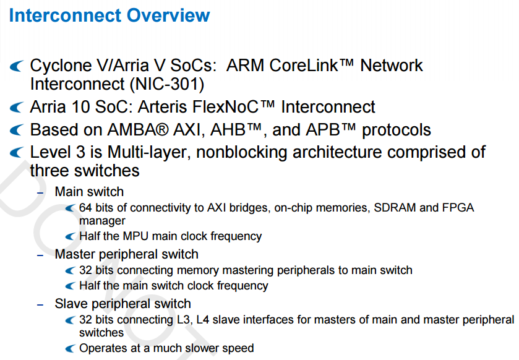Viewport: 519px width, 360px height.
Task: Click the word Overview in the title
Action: [x=168, y=15]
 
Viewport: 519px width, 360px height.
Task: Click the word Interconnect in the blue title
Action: [x=65, y=15]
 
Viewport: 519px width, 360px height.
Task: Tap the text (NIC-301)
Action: [x=167, y=84]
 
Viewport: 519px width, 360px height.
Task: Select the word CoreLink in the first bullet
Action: [x=304, y=65]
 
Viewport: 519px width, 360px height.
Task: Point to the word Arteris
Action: [x=163, y=107]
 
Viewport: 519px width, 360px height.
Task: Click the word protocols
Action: [x=396, y=130]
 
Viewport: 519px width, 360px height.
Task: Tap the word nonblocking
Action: [x=242, y=152]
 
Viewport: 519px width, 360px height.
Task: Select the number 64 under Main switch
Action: [x=85, y=207]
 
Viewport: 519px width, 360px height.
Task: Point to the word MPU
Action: [x=135, y=236]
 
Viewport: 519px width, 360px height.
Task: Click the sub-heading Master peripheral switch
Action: [x=126, y=254]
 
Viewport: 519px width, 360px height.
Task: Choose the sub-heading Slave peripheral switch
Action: [x=123, y=304]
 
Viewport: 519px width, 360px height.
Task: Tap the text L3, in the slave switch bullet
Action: [x=183, y=320]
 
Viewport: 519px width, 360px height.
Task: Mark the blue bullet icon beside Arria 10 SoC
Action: [x=17, y=108]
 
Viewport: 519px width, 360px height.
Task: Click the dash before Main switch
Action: [x=40, y=192]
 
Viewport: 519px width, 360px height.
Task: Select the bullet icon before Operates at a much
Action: [x=70, y=348]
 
